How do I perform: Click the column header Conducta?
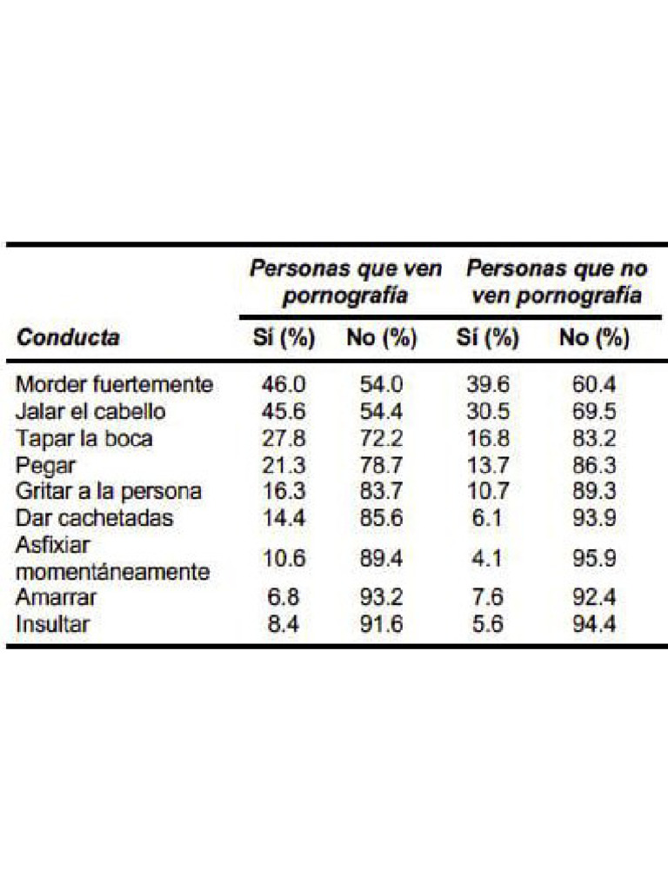(x=68, y=338)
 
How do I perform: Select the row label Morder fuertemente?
(x=115, y=384)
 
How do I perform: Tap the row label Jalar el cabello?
(x=90, y=411)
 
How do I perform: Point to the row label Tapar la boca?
(x=84, y=438)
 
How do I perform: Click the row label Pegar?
(x=46, y=465)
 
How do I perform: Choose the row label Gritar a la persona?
(x=109, y=491)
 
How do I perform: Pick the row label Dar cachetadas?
(x=95, y=518)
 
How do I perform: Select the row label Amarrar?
(x=57, y=598)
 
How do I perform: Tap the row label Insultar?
(x=52, y=624)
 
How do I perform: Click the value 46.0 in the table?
(x=284, y=384)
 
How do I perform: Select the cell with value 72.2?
(x=382, y=438)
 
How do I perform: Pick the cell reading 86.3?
(x=594, y=465)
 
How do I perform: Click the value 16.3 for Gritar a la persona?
(x=284, y=491)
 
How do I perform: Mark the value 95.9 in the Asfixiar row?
(x=594, y=558)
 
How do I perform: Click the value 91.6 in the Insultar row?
(x=382, y=624)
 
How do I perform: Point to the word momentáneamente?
(x=113, y=572)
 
